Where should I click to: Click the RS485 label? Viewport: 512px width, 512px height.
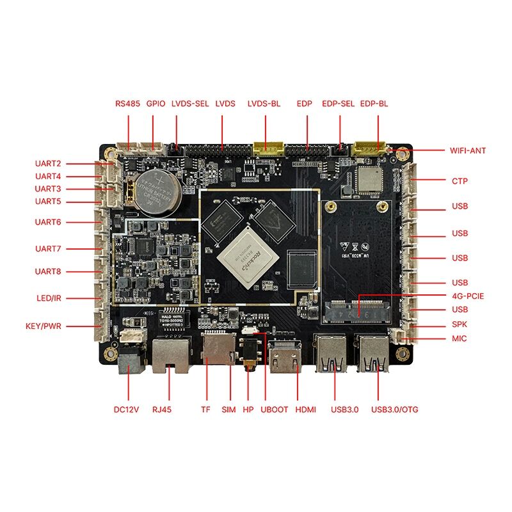pyautogui.click(x=127, y=103)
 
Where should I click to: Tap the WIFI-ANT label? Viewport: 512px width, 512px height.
pyautogui.click(x=468, y=151)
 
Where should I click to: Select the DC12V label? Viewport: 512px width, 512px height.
pyautogui.click(x=127, y=410)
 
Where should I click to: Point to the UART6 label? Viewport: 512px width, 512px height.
pyautogui.click(x=48, y=222)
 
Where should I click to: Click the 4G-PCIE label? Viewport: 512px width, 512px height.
pyautogui.click(x=467, y=296)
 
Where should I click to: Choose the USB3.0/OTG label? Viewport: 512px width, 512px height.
pyautogui.click(x=394, y=410)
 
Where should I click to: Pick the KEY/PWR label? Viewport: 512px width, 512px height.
pyautogui.click(x=44, y=326)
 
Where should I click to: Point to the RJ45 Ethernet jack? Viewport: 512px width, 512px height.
pyautogui.click(x=170, y=355)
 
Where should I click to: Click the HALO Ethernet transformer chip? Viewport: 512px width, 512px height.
pyautogui.click(x=176, y=323)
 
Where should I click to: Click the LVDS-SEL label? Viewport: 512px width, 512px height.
pyautogui.click(x=190, y=103)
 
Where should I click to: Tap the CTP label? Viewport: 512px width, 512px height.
pyautogui.click(x=460, y=181)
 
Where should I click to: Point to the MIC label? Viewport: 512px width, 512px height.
pyautogui.click(x=459, y=339)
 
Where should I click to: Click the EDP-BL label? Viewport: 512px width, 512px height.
pyautogui.click(x=374, y=103)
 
